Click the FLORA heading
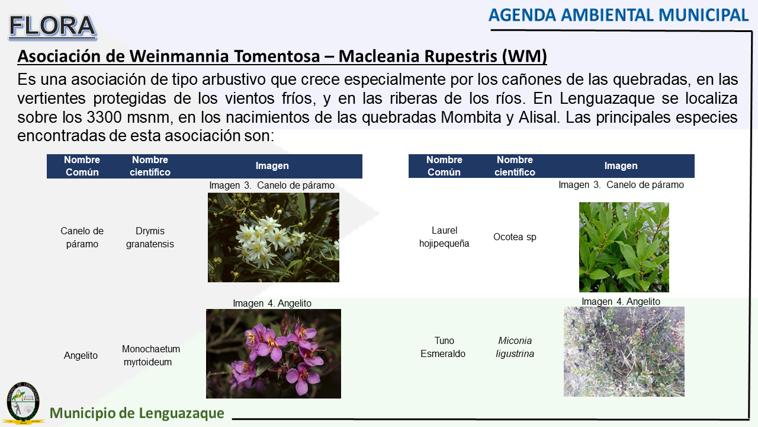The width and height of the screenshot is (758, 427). (53, 26)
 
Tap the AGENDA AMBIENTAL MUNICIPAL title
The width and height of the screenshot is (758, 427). (619, 15)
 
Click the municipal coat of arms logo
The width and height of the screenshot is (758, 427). (23, 403)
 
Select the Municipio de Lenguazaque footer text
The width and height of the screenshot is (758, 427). (137, 413)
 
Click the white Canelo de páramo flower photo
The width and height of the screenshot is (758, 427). (274, 238)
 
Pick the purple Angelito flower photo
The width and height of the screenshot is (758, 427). (274, 353)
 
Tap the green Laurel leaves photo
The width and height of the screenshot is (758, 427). (624, 247)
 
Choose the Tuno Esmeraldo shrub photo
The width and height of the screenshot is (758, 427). (624, 352)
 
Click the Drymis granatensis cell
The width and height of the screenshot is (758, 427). (150, 237)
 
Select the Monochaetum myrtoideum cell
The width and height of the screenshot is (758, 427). (150, 355)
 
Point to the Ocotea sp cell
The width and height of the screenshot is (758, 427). (515, 237)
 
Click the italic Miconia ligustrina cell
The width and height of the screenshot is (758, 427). (515, 347)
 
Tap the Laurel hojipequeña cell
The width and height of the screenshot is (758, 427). (444, 237)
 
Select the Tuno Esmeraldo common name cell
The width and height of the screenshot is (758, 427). (443, 347)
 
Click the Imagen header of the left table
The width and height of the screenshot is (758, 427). (272, 165)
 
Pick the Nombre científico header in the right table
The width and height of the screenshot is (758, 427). (515, 165)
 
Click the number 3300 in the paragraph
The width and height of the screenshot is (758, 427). (104, 117)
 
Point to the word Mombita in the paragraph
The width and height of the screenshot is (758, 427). (471, 117)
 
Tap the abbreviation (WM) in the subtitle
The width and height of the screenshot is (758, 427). (524, 56)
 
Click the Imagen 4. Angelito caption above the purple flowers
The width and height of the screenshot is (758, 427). (272, 303)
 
